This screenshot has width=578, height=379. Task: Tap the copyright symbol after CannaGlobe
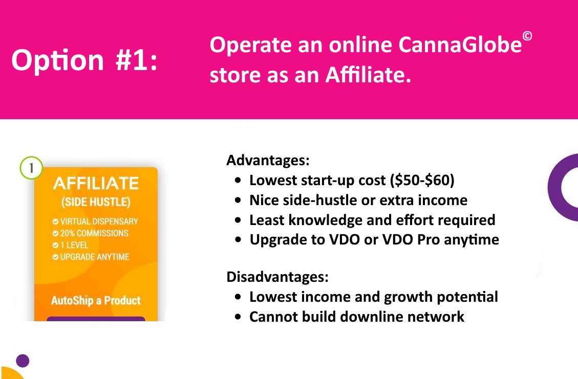[527, 36]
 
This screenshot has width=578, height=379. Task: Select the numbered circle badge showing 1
[31, 168]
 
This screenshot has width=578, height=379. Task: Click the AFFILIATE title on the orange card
[96, 184]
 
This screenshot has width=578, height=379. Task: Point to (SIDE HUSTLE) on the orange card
[96, 202]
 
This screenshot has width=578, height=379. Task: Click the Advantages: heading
[268, 160]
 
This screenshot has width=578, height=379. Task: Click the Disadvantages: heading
[277, 277]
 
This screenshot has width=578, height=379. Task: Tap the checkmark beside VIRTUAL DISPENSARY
[55, 221]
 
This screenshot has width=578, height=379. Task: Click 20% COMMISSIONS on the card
[94, 233]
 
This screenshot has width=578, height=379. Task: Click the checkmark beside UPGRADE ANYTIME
[55, 257]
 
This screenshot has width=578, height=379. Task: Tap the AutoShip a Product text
[96, 301]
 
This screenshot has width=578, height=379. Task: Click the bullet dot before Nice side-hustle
[238, 200]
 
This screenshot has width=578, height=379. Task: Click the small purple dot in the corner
[23, 361]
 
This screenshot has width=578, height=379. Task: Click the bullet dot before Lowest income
[238, 297]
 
